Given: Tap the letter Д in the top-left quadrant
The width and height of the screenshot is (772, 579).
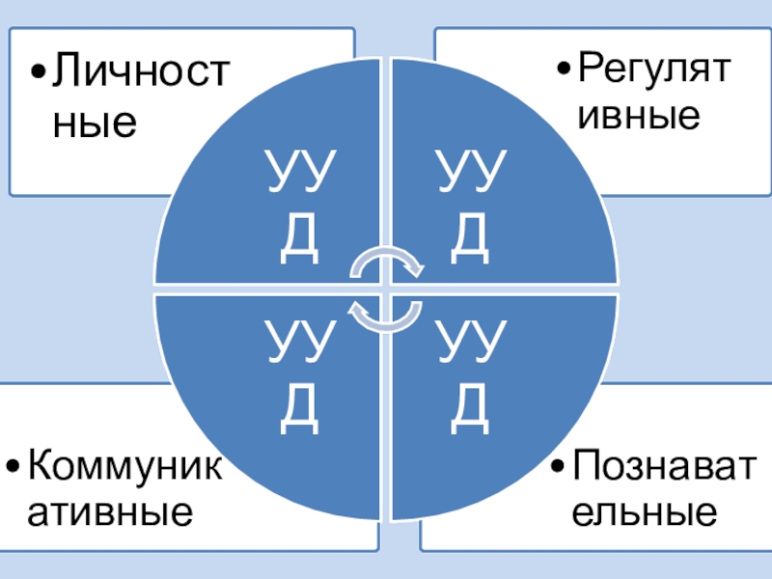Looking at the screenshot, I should pyautogui.click(x=299, y=241).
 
